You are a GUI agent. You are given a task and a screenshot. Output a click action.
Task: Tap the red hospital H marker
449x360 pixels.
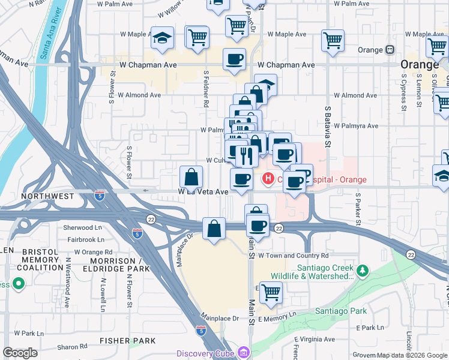tap(267, 178)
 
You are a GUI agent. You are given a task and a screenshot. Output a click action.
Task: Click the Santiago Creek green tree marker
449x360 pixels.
tap(362, 271)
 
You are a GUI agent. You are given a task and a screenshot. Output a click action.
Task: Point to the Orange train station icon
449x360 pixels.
tap(390, 49)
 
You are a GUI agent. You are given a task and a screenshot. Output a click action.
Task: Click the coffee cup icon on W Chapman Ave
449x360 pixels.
tap(234, 59)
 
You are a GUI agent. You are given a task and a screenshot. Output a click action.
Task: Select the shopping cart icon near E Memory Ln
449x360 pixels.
tap(271, 292)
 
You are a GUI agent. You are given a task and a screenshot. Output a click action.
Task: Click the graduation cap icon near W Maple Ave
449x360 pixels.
tap(161, 38)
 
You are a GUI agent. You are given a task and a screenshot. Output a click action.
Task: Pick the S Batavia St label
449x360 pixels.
tap(328, 127)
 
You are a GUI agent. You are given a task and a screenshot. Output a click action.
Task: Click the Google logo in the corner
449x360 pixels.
tap(20, 352)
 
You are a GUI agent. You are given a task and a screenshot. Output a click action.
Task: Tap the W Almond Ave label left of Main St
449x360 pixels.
tap(139, 95)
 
